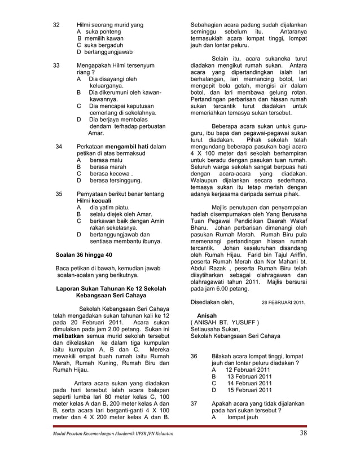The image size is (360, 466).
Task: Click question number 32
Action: pos(56,25)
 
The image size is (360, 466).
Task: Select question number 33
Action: pos(56,65)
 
